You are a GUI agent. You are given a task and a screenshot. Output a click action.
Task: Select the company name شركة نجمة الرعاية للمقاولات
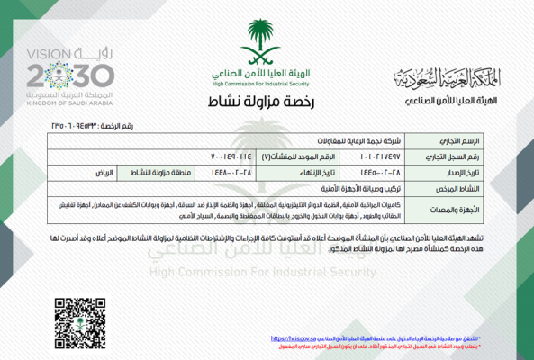coord(344,142)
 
